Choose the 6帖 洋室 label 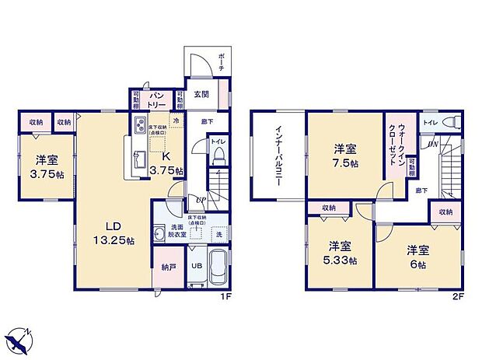pos(417,256)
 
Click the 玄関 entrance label pos(201,96)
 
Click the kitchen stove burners pos(141,125)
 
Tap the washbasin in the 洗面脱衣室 pos(160,232)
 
